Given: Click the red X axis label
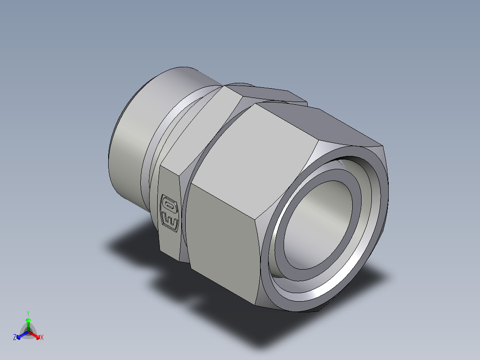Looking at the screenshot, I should (41, 338).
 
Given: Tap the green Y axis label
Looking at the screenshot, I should (28, 313).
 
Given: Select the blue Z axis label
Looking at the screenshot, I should (15, 338).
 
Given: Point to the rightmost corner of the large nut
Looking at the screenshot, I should (384, 147).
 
